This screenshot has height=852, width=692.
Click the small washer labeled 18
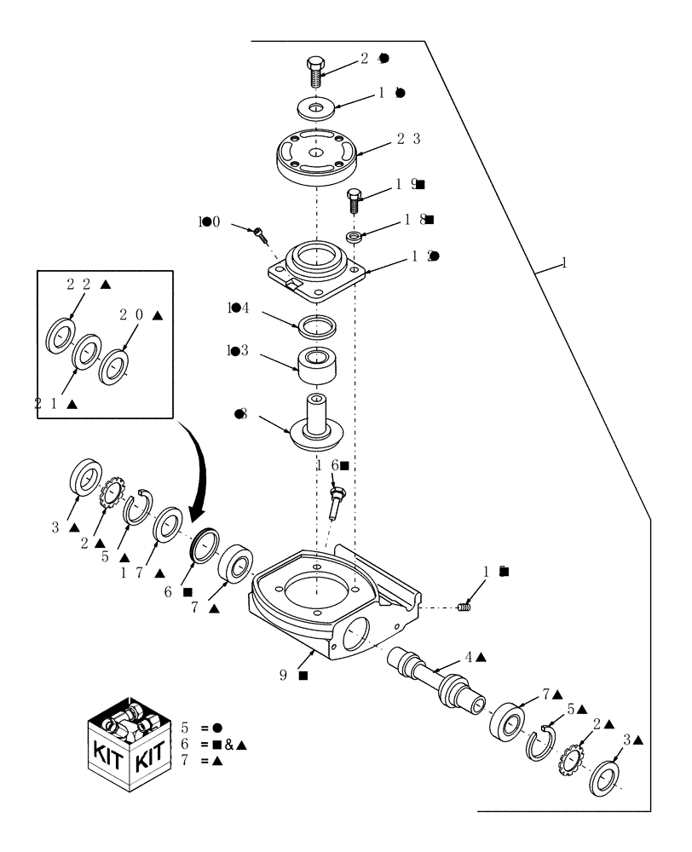[354, 235]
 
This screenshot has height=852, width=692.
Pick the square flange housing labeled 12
[317, 267]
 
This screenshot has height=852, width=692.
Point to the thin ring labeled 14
[314, 325]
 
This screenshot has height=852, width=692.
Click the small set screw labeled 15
[464, 607]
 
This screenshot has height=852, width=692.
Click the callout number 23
[408, 139]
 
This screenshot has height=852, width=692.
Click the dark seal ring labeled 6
[205, 545]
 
